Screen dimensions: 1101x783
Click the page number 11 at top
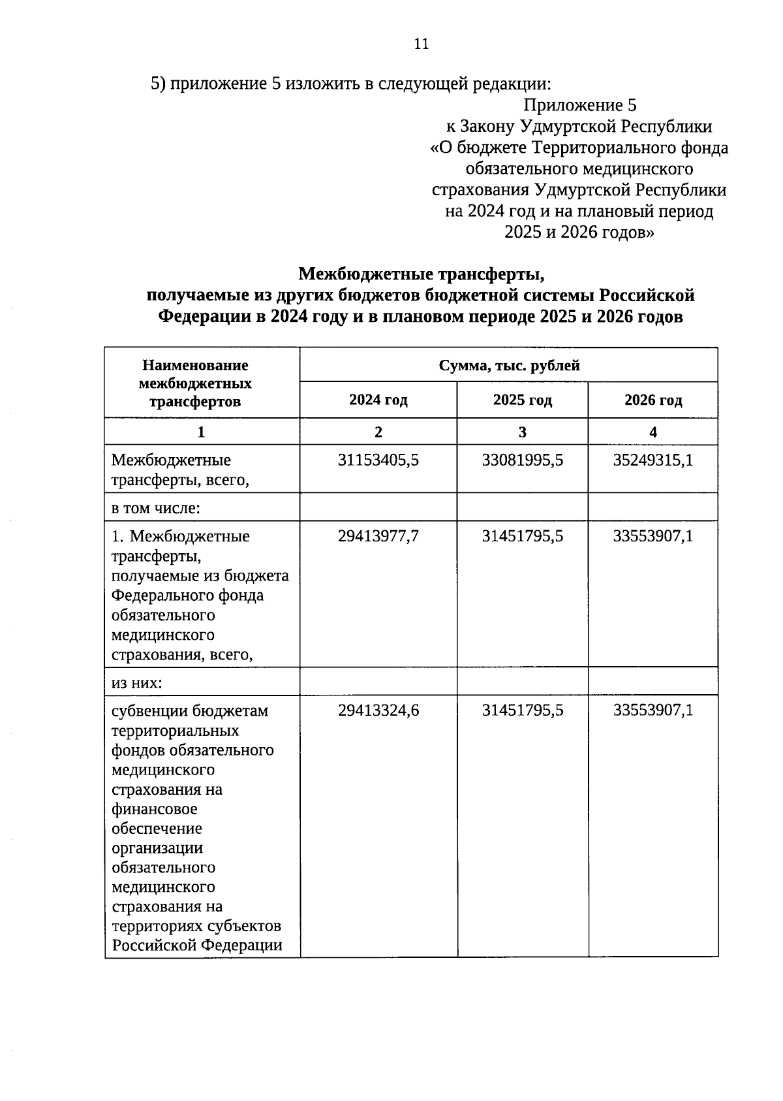point(421,44)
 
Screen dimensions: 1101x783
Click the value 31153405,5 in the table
point(378,460)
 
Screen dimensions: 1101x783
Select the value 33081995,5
point(523,460)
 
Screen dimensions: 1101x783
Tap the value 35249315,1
point(653,460)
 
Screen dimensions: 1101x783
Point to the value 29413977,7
point(378,536)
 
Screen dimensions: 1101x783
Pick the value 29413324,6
point(378,710)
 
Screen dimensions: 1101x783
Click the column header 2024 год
point(378,400)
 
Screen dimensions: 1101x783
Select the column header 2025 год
point(523,400)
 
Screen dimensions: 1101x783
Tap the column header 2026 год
point(653,400)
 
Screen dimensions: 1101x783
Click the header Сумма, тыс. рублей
point(509,366)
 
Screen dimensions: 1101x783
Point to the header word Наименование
point(196,366)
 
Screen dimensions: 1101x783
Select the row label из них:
point(136,682)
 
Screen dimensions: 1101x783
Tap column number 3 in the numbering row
point(523,432)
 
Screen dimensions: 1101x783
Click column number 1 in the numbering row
point(201,432)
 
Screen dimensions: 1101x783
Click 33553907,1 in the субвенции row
point(653,710)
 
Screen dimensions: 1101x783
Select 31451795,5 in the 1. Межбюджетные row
point(523,536)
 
